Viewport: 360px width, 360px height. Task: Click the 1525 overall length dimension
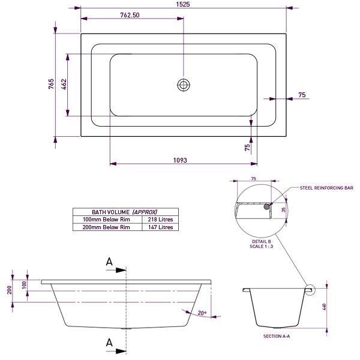(x=183, y=4)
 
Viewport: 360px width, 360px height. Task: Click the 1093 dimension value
(x=180, y=160)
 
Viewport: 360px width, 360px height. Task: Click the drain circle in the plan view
(x=183, y=85)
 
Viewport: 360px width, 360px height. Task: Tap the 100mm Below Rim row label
(x=107, y=220)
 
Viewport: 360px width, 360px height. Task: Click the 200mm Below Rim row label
(x=107, y=227)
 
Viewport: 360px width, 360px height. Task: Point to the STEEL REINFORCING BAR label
(x=326, y=188)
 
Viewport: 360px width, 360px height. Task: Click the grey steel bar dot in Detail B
(x=266, y=206)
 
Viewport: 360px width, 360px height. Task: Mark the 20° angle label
(x=202, y=313)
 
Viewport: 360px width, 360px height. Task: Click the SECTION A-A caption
(x=277, y=337)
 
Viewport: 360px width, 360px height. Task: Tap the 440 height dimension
(x=325, y=307)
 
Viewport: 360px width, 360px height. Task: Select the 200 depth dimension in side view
(x=10, y=290)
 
